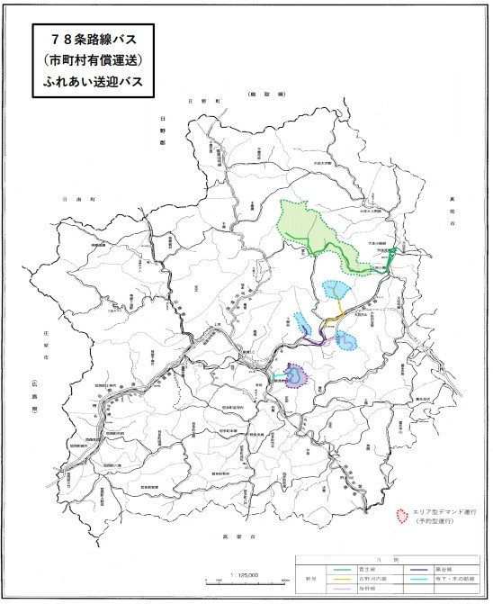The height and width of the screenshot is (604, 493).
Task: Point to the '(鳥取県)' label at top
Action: point(268,94)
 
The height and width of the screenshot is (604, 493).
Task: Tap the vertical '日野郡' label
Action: point(165,130)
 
